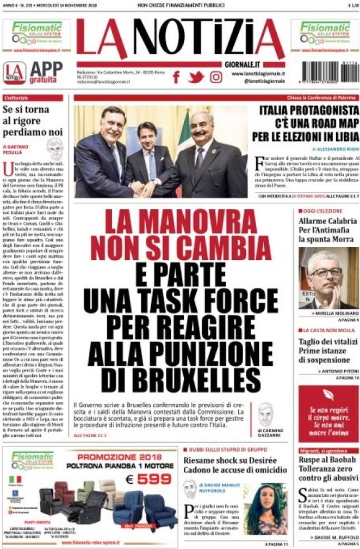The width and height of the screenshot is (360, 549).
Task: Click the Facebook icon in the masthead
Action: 176,77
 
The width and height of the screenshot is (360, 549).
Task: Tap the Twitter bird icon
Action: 196,77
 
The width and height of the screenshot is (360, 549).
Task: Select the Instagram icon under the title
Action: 216,77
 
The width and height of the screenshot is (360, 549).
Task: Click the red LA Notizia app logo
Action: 14,72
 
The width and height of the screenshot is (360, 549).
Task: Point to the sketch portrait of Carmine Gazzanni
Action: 265,414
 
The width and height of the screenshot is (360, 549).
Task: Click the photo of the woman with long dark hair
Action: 265,508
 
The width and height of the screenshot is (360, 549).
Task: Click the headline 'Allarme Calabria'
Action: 327,221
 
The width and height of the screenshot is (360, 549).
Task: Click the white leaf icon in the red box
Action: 328,395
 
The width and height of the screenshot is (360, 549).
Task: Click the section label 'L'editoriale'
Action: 16,98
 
